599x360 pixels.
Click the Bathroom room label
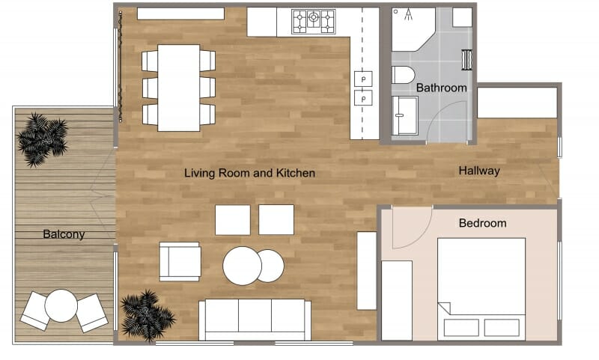[x=441, y=88]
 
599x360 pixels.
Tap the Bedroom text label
[x=482, y=223]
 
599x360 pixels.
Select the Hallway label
[x=479, y=171]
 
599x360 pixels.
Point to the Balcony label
[x=64, y=234]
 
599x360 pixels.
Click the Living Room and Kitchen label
[x=249, y=173]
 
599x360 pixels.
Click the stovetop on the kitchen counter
[x=314, y=21]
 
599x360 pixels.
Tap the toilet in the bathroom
[x=403, y=75]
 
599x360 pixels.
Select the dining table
[x=178, y=88]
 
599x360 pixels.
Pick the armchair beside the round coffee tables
[x=180, y=261]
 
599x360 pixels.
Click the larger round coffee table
[x=242, y=266]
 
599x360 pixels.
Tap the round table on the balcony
[x=61, y=305]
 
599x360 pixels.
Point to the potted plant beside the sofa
[x=147, y=315]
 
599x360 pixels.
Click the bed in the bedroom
[x=481, y=287]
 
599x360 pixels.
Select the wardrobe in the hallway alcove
[x=517, y=103]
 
